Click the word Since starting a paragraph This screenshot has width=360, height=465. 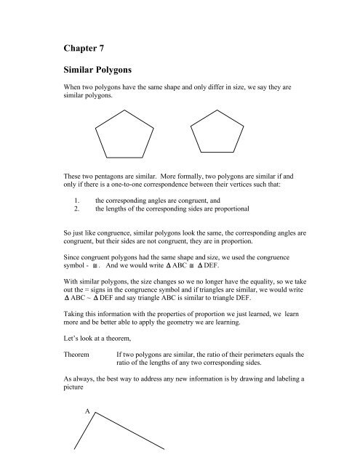point(76,257)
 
